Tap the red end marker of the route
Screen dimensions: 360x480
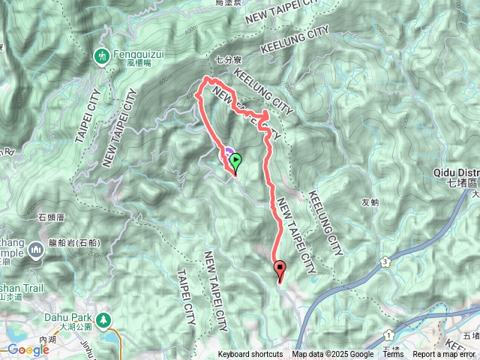point(280,268)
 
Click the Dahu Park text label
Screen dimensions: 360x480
point(67,317)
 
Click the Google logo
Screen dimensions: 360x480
point(28,349)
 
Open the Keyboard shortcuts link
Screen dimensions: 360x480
point(250,355)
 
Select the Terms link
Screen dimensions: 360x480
point(393,355)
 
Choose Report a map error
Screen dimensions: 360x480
point(445,355)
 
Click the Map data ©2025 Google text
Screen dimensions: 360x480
point(333,355)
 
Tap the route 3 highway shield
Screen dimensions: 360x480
point(385,261)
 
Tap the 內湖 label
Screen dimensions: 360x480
point(47,339)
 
